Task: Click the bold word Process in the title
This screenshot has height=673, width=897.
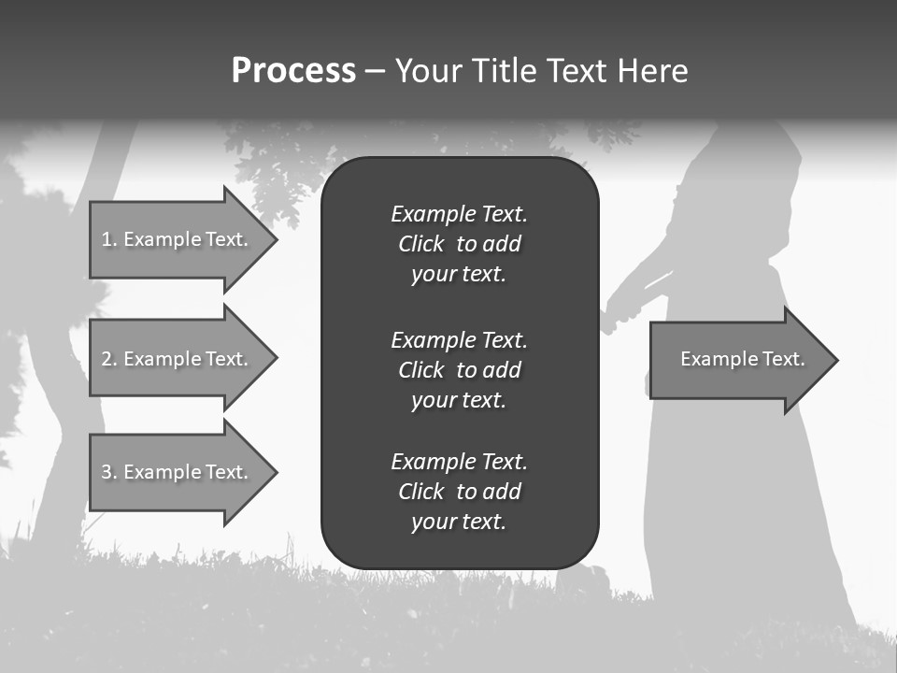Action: (293, 71)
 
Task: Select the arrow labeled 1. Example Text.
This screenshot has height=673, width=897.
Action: (178, 239)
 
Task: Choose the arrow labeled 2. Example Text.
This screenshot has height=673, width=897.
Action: (178, 359)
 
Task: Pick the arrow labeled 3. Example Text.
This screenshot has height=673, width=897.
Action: (178, 472)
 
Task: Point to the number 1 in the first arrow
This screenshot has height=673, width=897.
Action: (107, 239)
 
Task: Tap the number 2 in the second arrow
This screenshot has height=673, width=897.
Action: (107, 359)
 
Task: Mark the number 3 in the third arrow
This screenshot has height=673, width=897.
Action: (107, 472)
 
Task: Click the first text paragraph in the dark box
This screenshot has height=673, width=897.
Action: (459, 244)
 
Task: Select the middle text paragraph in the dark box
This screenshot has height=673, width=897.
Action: (459, 370)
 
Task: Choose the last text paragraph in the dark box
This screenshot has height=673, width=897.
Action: (459, 492)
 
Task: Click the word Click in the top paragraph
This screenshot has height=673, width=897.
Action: (420, 244)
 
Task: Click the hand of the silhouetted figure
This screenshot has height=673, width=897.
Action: (613, 313)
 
